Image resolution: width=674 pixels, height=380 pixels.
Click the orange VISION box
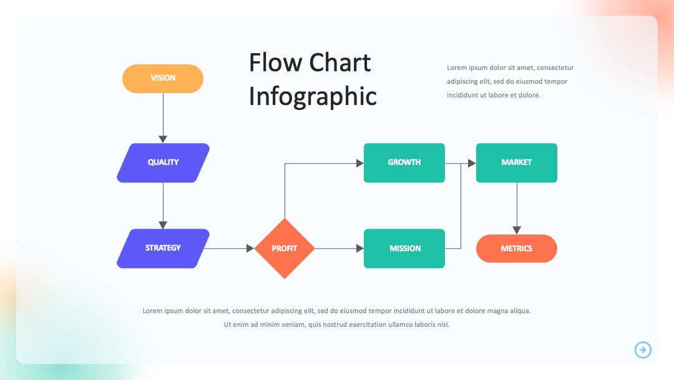(163, 78)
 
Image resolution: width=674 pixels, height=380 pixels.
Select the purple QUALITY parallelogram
(164, 162)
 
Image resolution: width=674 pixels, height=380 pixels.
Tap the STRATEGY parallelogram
(164, 248)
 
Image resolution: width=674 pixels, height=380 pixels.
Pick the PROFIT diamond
(285, 248)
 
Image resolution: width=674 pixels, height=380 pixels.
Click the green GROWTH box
(404, 162)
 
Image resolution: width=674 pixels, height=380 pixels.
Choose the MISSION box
(404, 248)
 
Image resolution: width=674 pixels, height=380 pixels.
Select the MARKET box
(517, 162)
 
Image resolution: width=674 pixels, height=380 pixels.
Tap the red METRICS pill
(517, 248)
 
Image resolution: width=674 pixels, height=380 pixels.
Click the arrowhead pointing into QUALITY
(163, 139)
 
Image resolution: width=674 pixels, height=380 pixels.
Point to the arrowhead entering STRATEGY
(163, 225)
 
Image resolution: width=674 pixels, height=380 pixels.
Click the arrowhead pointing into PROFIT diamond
(250, 248)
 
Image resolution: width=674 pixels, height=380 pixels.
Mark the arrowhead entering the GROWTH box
(360, 163)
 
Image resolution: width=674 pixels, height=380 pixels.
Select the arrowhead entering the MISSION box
(360, 248)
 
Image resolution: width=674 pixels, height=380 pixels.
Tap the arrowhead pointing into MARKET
(472, 163)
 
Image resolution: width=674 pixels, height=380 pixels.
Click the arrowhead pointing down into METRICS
(517, 230)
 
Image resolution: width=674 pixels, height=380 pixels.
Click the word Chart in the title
(340, 63)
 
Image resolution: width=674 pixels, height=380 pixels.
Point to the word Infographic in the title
(313, 96)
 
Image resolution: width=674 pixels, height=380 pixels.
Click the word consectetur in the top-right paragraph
(555, 67)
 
